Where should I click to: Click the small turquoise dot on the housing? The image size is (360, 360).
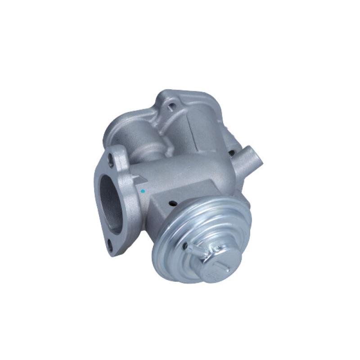click(143, 191)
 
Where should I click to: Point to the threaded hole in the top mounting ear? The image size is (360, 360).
click(171, 107)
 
